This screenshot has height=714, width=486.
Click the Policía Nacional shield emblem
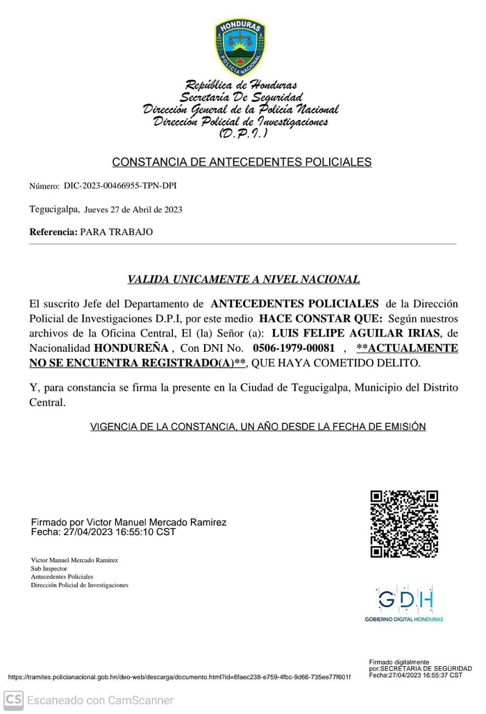point(240,46)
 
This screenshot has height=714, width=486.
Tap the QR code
point(404,524)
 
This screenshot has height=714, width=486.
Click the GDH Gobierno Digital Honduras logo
point(405,600)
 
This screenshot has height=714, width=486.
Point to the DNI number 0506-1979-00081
point(294,348)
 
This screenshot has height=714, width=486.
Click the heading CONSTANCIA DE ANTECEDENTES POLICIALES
point(242,162)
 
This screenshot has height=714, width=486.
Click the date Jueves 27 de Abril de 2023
point(134,209)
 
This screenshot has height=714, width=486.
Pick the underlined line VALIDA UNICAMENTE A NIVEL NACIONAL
point(243,280)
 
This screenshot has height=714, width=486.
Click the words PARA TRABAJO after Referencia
point(117,232)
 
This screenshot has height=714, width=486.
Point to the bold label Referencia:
point(53,232)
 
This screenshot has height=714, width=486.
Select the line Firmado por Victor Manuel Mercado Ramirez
point(128,522)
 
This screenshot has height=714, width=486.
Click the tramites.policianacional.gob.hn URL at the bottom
point(179,677)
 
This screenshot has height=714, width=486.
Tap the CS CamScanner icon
point(13,699)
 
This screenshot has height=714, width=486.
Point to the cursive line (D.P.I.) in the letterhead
point(240,132)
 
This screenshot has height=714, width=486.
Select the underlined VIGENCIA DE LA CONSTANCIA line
point(258,427)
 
